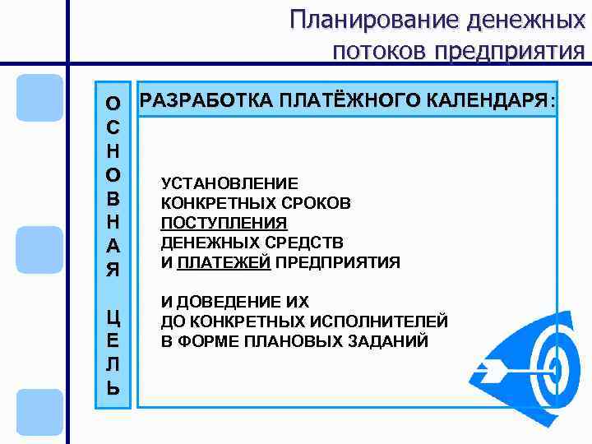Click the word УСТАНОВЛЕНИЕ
tap(230, 184)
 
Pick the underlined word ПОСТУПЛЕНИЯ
tap(224, 224)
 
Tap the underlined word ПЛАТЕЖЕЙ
tap(224, 263)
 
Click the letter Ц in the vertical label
tap(113, 319)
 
